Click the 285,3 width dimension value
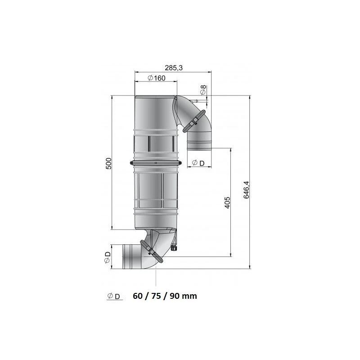click(x=174, y=68)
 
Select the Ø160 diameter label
click(x=157, y=78)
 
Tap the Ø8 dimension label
click(x=203, y=90)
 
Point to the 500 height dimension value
click(x=108, y=163)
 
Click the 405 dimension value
click(x=227, y=202)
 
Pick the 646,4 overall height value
click(x=246, y=190)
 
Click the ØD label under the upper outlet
click(x=198, y=163)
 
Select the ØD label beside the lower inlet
click(x=107, y=257)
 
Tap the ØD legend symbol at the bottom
click(x=114, y=297)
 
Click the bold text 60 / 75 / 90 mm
click(x=165, y=296)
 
